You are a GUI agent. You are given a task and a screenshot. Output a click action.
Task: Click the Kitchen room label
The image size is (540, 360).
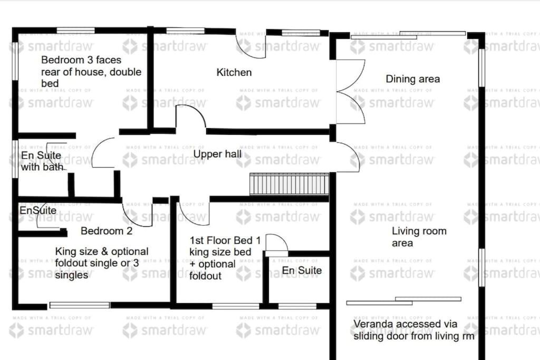point(234,72)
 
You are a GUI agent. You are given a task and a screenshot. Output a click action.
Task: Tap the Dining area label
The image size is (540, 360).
point(412,79)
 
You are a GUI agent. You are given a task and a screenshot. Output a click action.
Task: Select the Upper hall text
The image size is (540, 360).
point(217,154)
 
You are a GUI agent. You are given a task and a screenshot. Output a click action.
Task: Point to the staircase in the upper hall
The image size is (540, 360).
point(289,185)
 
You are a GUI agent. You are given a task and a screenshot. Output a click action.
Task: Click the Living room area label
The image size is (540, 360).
point(419,237)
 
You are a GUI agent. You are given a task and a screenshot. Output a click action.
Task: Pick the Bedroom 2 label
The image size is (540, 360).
point(106,231)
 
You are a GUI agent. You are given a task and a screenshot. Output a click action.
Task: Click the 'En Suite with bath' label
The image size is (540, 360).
point(42,161)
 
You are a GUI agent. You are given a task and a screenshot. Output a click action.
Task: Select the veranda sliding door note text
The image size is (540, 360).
point(413,330)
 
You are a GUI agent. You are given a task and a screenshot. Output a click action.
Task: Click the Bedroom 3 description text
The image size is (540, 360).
point(91,72)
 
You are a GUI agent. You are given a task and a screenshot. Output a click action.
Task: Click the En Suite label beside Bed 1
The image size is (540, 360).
point(302,270)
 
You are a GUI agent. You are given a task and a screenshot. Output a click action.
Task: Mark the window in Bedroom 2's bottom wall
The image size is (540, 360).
point(80,305)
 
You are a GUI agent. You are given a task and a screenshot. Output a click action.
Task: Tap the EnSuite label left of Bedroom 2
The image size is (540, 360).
point(37,211)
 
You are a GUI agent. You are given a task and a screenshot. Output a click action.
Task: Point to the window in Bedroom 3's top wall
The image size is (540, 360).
point(75,31)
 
